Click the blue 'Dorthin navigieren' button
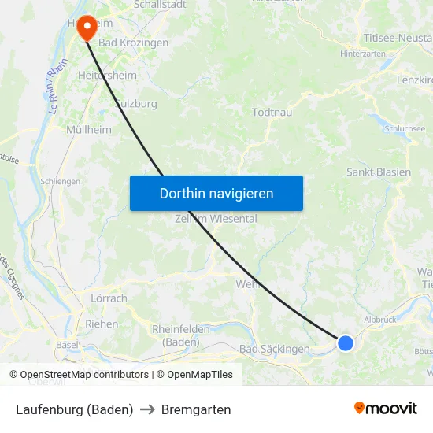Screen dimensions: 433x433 (216, 193)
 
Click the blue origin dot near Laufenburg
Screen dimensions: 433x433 (345, 342)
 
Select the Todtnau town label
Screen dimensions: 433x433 (272, 113)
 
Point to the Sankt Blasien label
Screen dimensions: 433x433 (378, 172)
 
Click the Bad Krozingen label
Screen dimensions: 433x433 (133, 43)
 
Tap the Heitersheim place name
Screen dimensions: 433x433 (107, 76)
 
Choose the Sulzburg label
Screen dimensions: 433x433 (135, 103)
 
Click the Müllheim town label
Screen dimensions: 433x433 (89, 129)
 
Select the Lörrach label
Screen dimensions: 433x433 (109, 298)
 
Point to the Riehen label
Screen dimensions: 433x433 (102, 324)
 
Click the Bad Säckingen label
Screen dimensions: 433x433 (274, 349)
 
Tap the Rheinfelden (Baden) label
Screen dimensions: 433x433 (180, 335)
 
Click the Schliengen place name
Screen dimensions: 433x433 (61, 181)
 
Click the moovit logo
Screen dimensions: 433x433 (385, 408)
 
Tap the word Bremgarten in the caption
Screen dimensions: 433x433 (196, 409)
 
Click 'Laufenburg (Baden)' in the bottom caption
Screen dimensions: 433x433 (74, 409)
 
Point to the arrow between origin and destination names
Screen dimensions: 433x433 (147, 409)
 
